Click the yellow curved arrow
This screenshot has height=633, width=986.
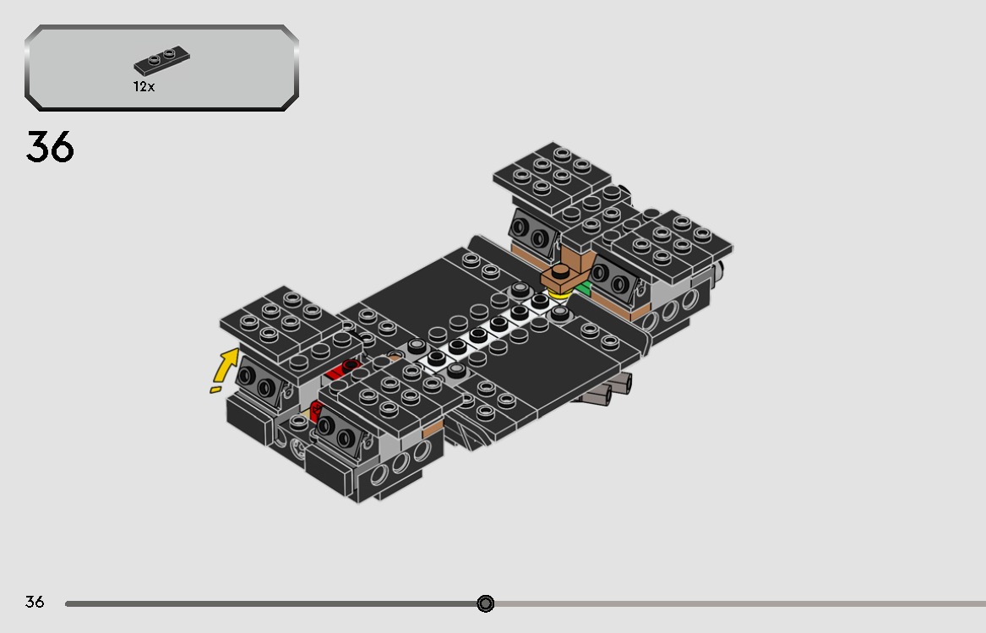[x=225, y=370]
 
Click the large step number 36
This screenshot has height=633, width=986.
[x=50, y=147]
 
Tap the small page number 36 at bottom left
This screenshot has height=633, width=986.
[x=34, y=602]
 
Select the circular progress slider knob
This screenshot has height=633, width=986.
[x=485, y=603]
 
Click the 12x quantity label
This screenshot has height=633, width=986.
[x=144, y=87]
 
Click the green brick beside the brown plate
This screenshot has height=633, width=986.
[x=583, y=289]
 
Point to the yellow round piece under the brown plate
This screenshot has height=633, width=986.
[x=558, y=294]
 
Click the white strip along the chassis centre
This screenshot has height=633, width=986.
[x=490, y=325]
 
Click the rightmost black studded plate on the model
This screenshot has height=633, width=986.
[x=672, y=241]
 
